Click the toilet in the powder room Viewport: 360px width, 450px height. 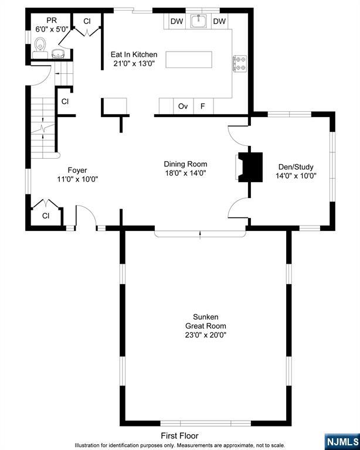point(40,47)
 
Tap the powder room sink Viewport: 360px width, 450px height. point(59,54)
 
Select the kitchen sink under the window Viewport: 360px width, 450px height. point(199,21)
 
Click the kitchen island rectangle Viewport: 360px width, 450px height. point(189,60)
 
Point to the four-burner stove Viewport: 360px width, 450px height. point(239,63)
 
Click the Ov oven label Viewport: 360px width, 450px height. point(183,107)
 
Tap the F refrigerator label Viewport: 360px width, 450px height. point(203,107)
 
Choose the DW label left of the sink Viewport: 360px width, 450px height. point(177,21)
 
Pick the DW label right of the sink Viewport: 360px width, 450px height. point(219,21)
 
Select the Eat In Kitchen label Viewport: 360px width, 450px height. point(134,54)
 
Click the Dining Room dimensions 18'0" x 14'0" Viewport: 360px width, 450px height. point(185,173)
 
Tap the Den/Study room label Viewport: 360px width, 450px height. point(296,167)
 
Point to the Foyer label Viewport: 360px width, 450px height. point(77,170)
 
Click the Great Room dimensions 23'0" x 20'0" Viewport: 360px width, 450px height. point(206,335)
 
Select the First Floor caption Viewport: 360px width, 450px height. point(180,436)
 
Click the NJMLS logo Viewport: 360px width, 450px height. point(342,442)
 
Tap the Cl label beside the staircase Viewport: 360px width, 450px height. point(65,101)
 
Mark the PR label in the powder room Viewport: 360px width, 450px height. point(52,21)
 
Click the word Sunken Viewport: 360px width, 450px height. point(206,317)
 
